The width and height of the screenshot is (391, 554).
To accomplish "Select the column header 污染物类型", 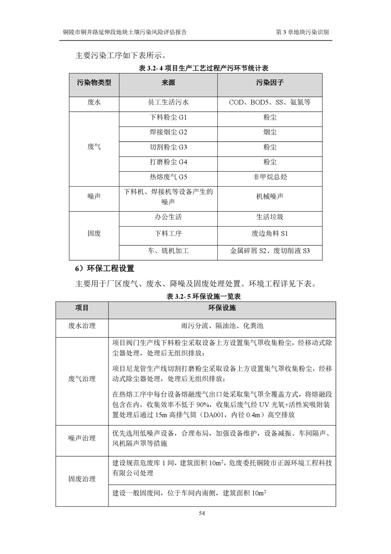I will coord(94,82).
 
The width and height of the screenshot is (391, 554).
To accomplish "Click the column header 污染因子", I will coord(269,82).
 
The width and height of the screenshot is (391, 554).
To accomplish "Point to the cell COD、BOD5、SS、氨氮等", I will coord(269,103).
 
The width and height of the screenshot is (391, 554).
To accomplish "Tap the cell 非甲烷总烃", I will coord(269,176).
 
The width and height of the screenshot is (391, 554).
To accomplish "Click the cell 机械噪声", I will coord(269,197).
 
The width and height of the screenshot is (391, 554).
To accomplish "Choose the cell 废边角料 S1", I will coord(269,233).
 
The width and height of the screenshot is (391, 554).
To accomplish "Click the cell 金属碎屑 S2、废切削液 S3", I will coord(269,251).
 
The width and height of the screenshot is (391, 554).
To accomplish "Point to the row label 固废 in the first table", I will coord(94,233).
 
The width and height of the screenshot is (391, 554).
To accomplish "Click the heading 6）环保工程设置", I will coord(104,269).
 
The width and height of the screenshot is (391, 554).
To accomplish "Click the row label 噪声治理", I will coord(82,438).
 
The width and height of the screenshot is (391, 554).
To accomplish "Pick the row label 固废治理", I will coord(82,479).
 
